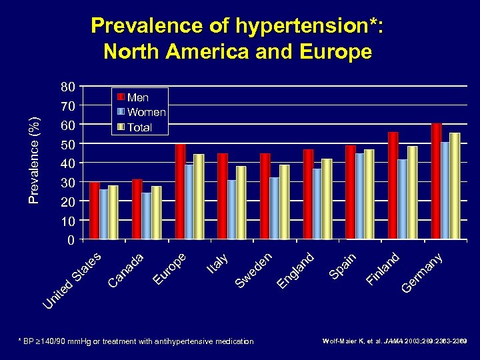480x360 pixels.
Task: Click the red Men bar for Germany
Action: (x=436, y=181)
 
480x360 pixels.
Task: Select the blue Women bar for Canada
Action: (x=147, y=215)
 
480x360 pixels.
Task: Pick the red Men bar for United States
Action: (x=95, y=210)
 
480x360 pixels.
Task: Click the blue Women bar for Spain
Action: (x=360, y=195)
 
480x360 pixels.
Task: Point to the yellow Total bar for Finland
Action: (x=412, y=192)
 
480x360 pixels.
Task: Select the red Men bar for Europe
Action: (x=180, y=191)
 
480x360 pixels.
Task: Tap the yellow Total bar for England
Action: (x=326, y=199)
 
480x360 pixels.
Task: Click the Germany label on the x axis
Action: (x=423, y=273)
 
